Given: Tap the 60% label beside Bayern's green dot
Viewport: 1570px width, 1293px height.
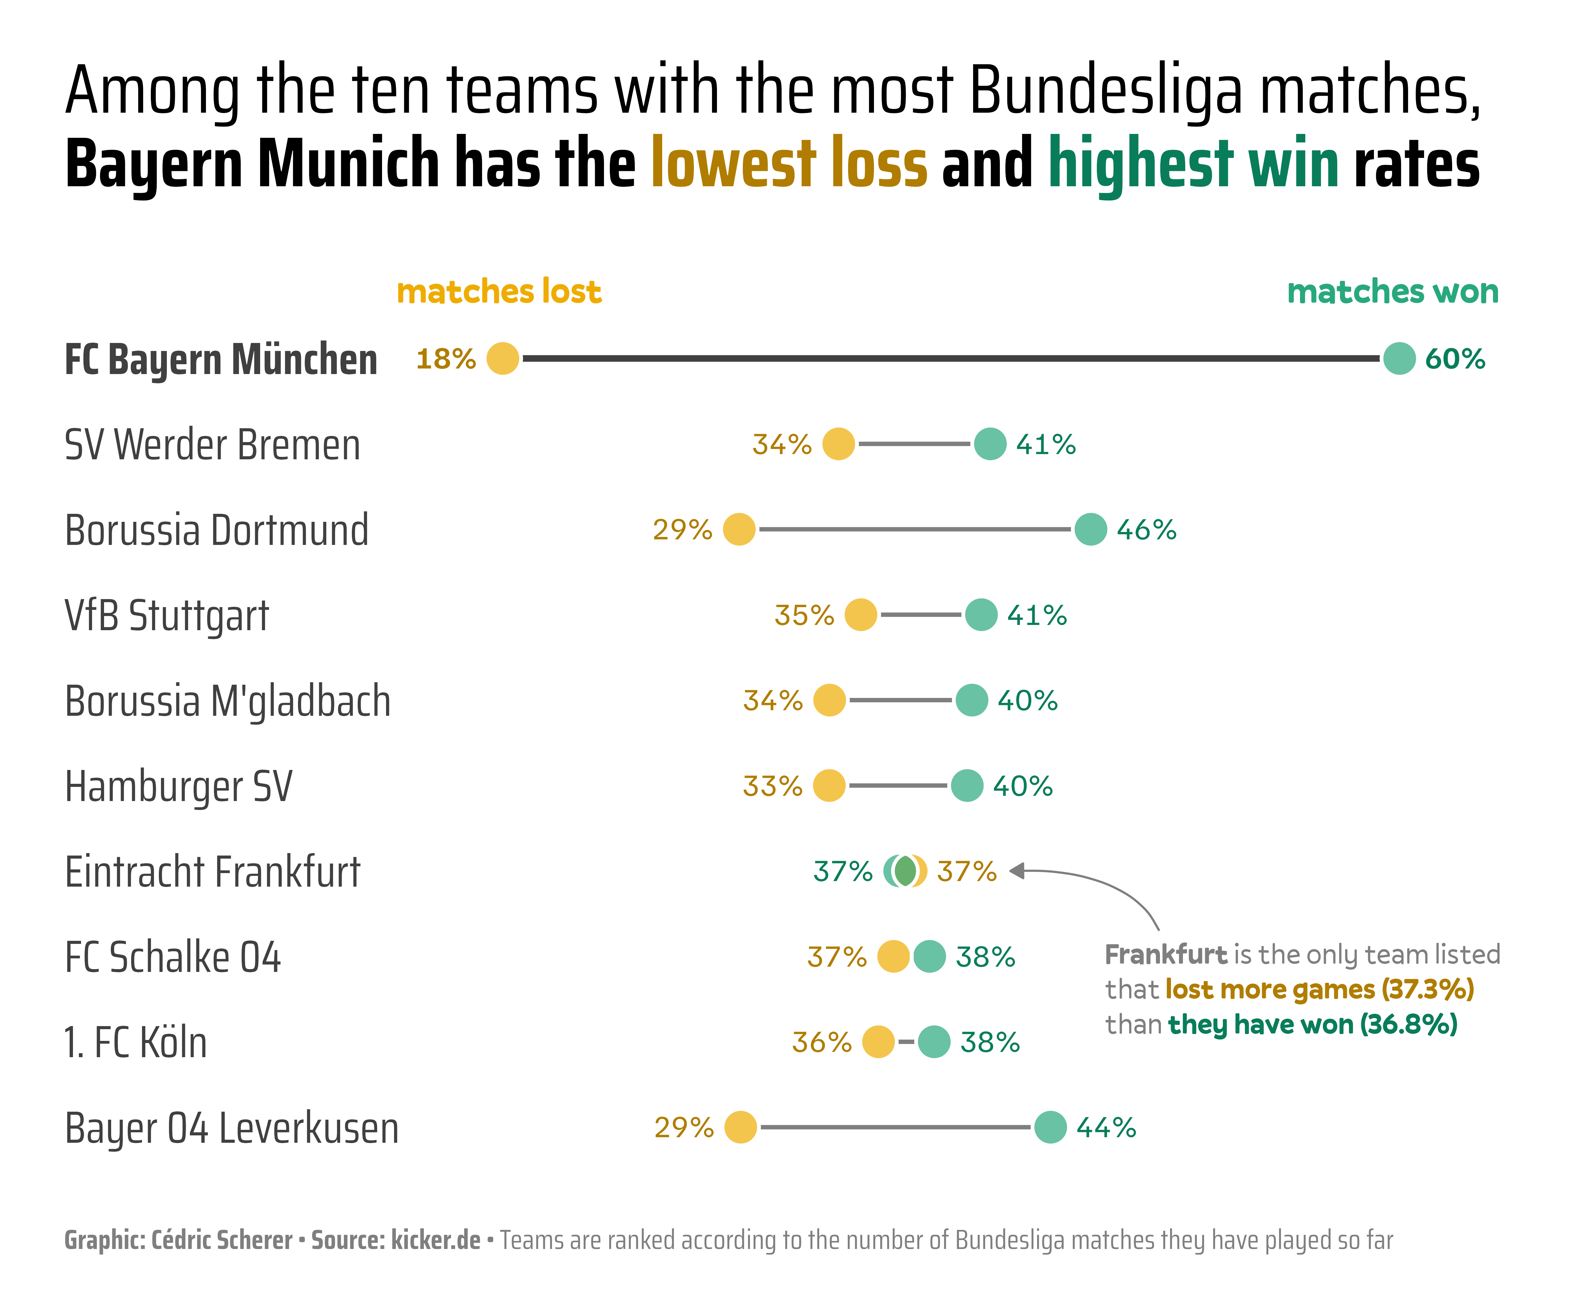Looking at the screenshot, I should tap(1455, 359).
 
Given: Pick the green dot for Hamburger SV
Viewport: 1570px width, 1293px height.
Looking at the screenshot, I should tap(967, 786).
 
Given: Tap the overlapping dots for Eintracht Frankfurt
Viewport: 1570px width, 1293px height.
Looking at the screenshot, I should tap(905, 871).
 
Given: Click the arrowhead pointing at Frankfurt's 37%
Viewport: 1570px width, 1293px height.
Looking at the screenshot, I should tap(1017, 871).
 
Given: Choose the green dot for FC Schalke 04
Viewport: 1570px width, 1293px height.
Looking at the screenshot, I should tap(929, 956).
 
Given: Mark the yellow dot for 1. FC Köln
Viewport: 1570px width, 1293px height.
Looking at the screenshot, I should tap(878, 1042).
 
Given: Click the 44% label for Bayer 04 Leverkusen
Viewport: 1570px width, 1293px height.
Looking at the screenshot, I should tap(1106, 1128).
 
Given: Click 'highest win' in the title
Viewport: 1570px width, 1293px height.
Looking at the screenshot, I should tap(1193, 162).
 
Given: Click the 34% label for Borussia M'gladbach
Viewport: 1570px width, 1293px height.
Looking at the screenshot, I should tap(772, 701).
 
